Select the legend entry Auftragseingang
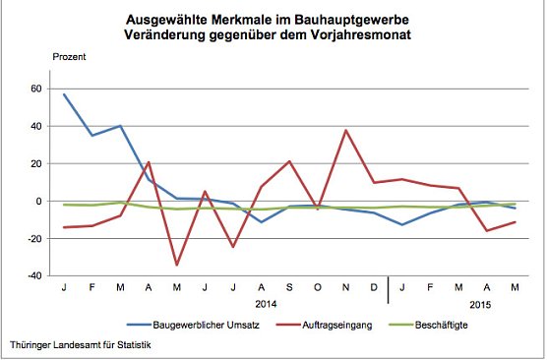click(334, 324)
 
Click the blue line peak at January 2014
click(64, 94)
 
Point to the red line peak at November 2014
click(346, 130)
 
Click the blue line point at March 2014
click(121, 126)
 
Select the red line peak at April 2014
click(149, 162)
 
